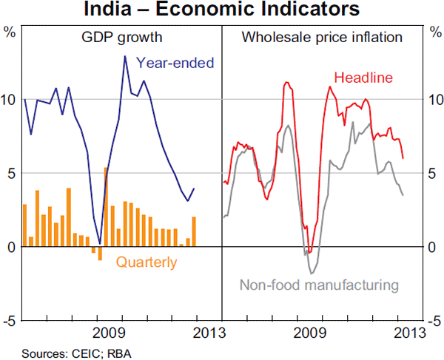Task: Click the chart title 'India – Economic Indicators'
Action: click(222, 10)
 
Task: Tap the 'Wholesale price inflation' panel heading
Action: click(322, 37)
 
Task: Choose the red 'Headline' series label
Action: click(363, 78)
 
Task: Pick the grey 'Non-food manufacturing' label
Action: click(319, 285)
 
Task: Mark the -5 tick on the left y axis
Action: click(10, 321)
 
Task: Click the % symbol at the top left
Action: click(10, 32)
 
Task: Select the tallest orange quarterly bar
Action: click(105, 207)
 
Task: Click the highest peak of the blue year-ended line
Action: click(124, 56)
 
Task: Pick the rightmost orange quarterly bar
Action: click(194, 231)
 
